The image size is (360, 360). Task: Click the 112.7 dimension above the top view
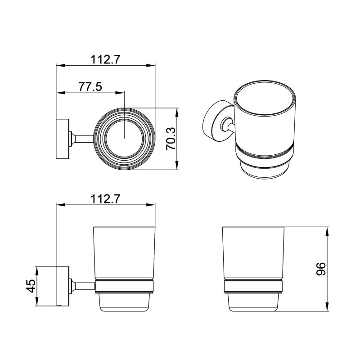[105, 59]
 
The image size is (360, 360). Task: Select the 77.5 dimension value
[90, 87]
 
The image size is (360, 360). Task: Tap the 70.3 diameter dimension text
[171, 139]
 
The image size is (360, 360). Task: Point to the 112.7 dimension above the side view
[105, 198]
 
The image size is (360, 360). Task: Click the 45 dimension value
[30, 286]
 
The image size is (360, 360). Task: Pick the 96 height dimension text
[320, 269]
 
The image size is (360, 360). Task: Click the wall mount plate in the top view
[62, 139]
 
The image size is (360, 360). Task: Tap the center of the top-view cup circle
[124, 139]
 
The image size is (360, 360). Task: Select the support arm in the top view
[83, 139]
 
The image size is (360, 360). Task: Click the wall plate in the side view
[62, 286]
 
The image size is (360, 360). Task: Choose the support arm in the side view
[83, 286]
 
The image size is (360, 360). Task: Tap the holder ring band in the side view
[124, 287]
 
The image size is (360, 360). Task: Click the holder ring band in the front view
[253, 287]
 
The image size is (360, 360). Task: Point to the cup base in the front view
[253, 302]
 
